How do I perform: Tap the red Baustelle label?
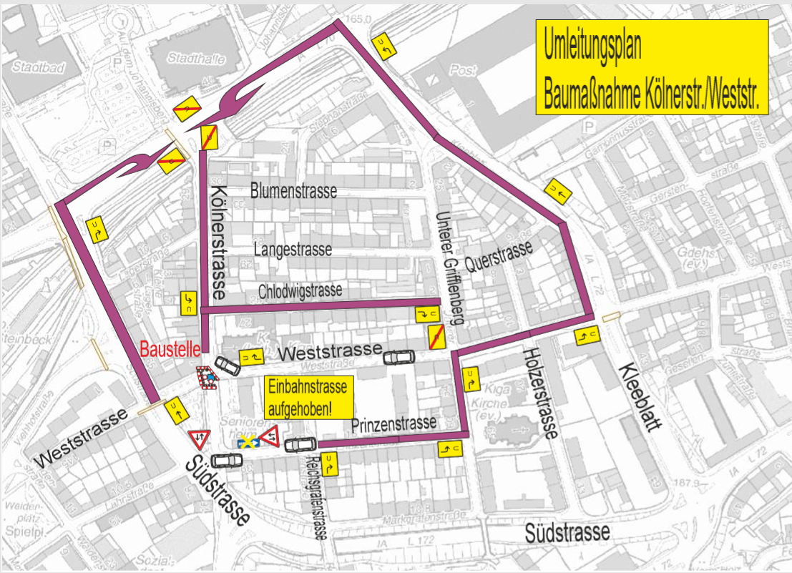(169, 351)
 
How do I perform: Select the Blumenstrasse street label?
(293, 192)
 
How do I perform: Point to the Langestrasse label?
(293, 250)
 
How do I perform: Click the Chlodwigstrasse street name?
(300, 290)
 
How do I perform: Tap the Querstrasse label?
(499, 258)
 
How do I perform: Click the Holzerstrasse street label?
(540, 393)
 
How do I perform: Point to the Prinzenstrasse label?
(393, 423)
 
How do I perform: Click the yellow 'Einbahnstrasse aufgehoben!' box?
(309, 398)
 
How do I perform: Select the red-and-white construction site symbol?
(207, 378)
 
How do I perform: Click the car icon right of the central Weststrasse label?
(399, 357)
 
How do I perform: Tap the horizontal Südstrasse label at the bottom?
(567, 532)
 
